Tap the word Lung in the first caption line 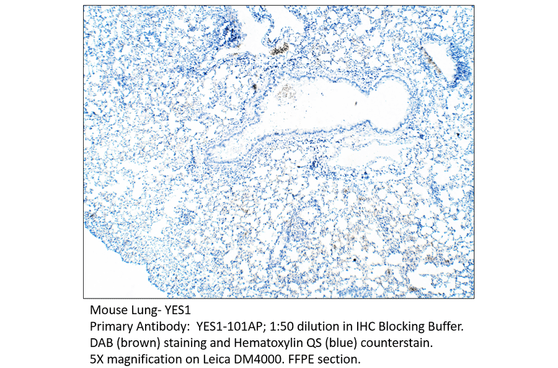[x=140, y=309]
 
